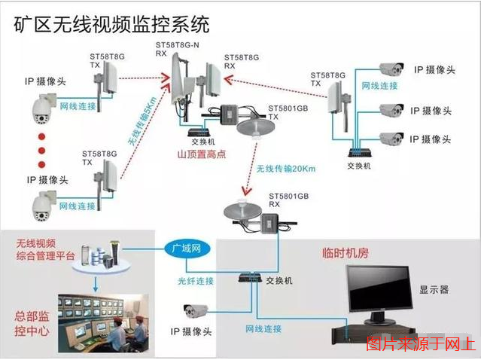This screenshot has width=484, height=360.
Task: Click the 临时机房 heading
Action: (345, 254)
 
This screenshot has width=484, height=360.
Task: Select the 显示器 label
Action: (434, 289)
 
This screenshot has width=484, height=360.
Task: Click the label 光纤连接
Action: (198, 281)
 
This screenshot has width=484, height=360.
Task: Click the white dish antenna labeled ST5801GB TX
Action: (254, 127)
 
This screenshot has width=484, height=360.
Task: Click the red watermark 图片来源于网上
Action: (421, 346)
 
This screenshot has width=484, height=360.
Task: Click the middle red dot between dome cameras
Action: (41, 150)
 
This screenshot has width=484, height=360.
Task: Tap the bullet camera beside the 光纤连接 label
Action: (195, 310)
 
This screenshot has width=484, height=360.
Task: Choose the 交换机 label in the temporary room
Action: (279, 280)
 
